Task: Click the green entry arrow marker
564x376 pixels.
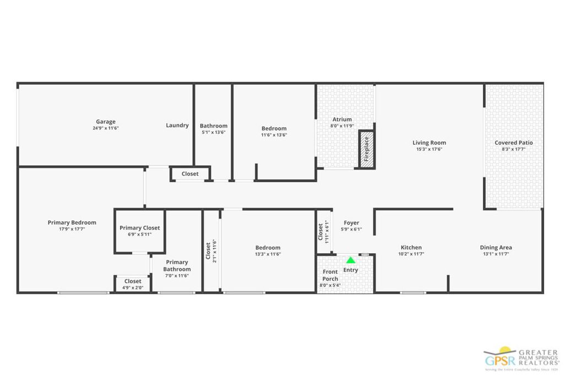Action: (350, 260)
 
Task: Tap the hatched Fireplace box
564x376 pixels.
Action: (366, 149)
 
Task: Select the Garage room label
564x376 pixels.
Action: (106, 122)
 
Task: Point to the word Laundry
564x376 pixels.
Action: (177, 126)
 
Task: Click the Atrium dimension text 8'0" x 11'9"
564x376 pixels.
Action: (342, 126)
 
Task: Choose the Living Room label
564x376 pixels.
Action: (429, 143)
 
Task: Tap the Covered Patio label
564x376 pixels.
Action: (513, 143)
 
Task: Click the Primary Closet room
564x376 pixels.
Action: (139, 231)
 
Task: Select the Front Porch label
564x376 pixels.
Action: (330, 275)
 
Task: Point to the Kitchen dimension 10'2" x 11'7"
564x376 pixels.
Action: (411, 254)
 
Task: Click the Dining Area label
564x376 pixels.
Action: (496, 248)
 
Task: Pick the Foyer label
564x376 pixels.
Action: (351, 223)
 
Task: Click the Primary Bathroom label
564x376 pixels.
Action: (177, 266)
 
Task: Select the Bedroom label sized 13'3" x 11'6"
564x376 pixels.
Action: (268, 248)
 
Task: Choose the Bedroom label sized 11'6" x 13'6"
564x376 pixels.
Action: (274, 129)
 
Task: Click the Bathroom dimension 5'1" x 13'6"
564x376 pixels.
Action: (213, 132)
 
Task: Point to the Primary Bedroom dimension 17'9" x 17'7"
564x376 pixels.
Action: (72, 228)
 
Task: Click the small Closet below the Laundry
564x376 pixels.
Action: (190, 174)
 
